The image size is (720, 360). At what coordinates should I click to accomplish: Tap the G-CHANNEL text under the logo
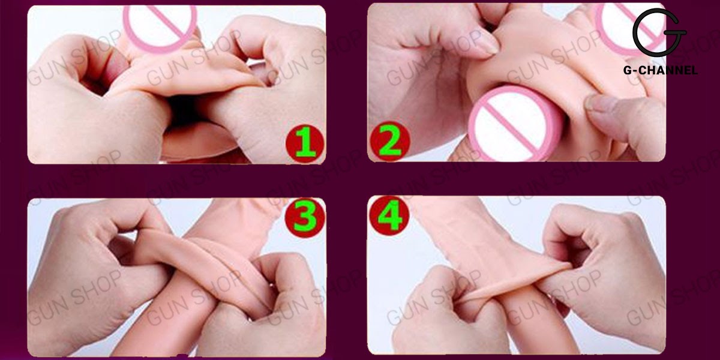pos(660,71)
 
